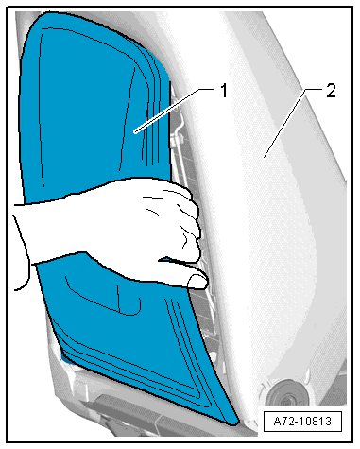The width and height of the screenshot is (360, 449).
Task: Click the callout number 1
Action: [223, 91]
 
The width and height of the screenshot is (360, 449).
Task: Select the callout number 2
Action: [331, 91]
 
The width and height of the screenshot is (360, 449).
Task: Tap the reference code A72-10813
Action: [302, 421]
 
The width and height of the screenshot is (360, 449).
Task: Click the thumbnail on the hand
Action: [197, 282]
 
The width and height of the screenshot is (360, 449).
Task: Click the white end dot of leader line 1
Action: [135, 131]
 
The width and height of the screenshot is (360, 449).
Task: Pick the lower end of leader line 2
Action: [265, 157]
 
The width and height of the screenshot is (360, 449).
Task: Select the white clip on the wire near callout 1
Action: [176, 139]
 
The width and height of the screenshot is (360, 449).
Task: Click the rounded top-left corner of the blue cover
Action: [35, 22]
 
